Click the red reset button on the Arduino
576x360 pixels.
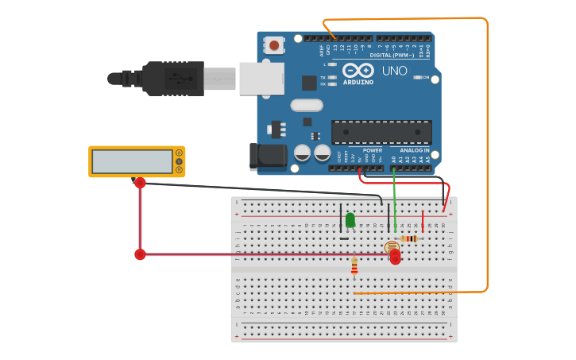(x=274, y=45)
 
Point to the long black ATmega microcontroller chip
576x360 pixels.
(x=381, y=132)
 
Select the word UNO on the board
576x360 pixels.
(x=395, y=71)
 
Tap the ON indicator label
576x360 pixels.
(x=425, y=78)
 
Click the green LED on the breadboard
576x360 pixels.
(x=350, y=220)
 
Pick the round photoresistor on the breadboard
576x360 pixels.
(x=391, y=248)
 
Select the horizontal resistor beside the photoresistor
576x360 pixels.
(x=409, y=238)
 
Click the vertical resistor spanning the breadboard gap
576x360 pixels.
(x=354, y=267)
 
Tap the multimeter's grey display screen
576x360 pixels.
(x=131, y=161)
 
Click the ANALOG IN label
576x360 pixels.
(x=414, y=150)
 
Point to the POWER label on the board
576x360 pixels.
(x=372, y=150)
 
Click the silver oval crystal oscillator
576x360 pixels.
(x=306, y=105)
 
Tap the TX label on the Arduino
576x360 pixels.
(x=323, y=77)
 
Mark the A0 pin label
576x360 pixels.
(x=393, y=160)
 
